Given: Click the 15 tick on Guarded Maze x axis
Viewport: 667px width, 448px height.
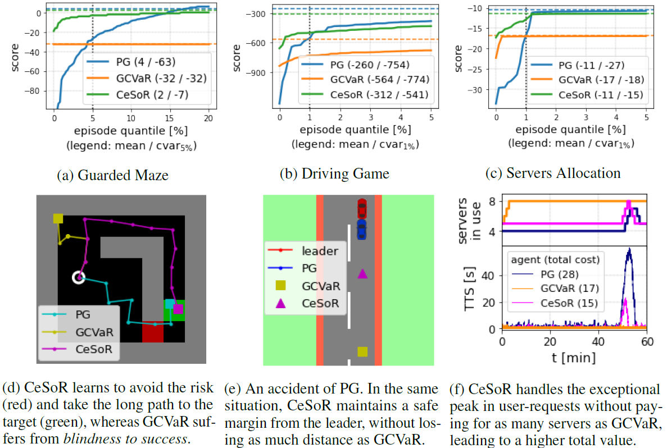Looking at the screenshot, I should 170,119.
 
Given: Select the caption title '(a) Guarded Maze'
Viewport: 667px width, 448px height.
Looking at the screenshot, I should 112,175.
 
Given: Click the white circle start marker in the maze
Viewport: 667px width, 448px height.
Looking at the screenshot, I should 79,277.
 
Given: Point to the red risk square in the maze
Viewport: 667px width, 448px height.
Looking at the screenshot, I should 152,331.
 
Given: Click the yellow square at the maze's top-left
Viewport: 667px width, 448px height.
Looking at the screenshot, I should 58,218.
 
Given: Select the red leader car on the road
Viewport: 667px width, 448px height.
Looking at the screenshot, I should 362,208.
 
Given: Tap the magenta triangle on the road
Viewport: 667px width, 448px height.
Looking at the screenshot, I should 362,273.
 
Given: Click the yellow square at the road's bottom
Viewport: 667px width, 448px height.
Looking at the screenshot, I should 362,351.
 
